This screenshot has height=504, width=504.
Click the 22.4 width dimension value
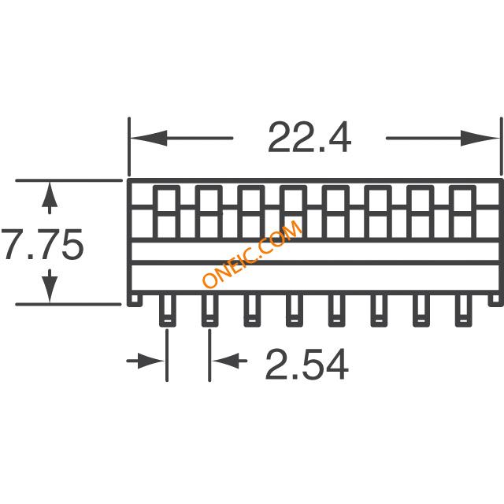(x=309, y=139)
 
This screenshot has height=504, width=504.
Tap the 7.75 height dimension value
(x=43, y=244)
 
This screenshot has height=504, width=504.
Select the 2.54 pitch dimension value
(x=306, y=365)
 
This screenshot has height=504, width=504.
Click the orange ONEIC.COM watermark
(x=252, y=254)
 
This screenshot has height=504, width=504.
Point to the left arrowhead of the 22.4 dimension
(x=149, y=139)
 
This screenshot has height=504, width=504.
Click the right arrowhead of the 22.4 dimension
(x=480, y=139)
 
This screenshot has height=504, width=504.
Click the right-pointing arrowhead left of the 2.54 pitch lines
(x=150, y=361)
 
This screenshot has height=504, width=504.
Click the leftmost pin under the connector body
(x=168, y=309)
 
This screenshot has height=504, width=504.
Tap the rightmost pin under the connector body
(x=463, y=309)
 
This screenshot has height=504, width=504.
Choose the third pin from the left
(x=252, y=309)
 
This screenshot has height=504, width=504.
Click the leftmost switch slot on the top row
(x=166, y=212)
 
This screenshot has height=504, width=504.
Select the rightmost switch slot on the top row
(x=462, y=212)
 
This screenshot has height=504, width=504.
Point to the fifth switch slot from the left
(x=335, y=212)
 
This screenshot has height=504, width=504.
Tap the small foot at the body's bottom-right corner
(x=495, y=299)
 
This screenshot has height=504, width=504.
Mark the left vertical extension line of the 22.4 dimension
(x=129, y=147)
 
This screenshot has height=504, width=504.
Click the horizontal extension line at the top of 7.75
(x=69, y=180)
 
